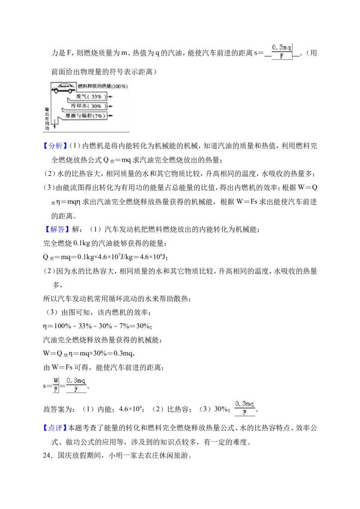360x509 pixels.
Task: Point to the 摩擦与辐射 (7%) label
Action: (85, 116)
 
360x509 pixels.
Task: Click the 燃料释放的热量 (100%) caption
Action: (102, 86)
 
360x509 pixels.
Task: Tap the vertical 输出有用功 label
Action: (47, 119)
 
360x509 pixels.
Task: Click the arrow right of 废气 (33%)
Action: (110, 96)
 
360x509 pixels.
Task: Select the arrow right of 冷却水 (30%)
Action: (110, 106)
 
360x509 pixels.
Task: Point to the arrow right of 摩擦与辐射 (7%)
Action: (110, 116)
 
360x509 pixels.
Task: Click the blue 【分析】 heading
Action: (55, 146)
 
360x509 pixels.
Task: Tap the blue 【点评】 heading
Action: (55, 428)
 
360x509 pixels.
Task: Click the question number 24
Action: (47, 455)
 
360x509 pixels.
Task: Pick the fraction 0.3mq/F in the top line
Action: (282, 52)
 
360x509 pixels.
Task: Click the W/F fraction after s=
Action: (56, 385)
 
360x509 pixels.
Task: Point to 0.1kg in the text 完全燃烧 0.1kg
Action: (81, 243)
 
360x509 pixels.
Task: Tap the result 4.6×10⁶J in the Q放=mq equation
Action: (153, 257)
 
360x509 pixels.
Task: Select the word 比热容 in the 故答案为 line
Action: (177, 409)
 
